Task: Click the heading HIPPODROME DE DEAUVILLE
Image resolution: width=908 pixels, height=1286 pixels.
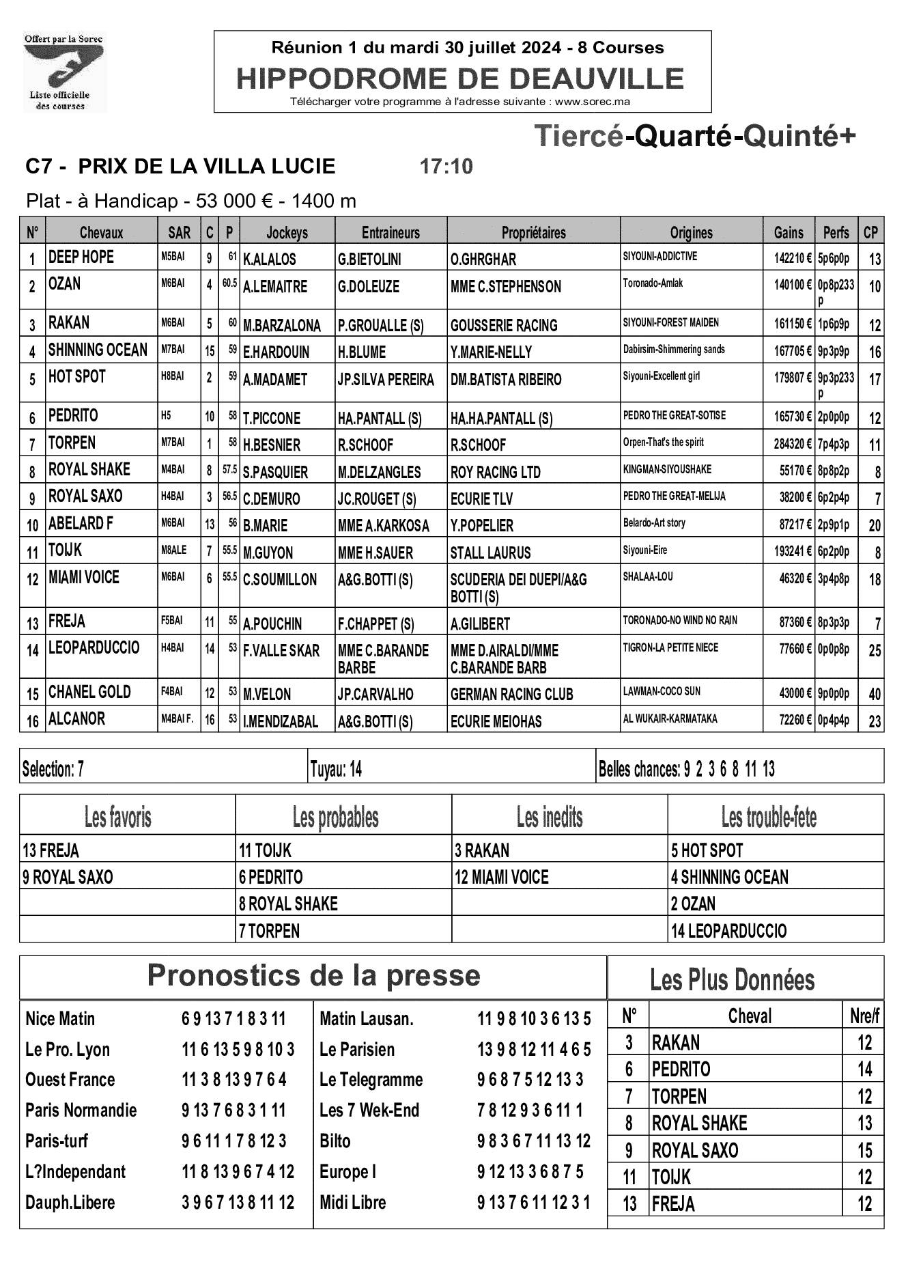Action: tap(460, 79)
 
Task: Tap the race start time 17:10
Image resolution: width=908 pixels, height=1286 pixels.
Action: tap(446, 167)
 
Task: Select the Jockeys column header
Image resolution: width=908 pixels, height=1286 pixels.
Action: tap(287, 233)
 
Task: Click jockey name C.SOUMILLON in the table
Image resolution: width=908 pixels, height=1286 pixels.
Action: tap(280, 580)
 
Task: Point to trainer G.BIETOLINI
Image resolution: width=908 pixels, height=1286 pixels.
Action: tap(369, 260)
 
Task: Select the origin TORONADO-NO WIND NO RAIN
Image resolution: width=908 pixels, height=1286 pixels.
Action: tap(679, 621)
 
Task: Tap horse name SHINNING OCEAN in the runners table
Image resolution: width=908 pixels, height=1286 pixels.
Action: tap(98, 350)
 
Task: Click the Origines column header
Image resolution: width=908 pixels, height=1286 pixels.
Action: tap(691, 233)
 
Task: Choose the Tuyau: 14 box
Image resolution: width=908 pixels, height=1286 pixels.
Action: tap(336, 770)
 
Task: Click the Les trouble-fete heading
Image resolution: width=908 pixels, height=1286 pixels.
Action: tap(769, 817)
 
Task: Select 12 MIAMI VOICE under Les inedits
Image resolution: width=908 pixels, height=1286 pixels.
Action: tap(502, 877)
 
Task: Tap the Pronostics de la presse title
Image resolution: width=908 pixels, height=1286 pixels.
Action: tap(313, 975)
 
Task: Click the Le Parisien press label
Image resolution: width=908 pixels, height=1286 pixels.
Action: tap(356, 1049)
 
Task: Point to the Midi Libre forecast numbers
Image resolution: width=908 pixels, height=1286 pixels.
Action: tap(533, 1203)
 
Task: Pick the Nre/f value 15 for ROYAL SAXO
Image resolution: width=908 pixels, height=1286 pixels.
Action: tap(864, 1150)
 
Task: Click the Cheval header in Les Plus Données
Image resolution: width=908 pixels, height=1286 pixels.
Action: tap(750, 1016)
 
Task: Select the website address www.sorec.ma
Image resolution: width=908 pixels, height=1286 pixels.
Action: tap(592, 102)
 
